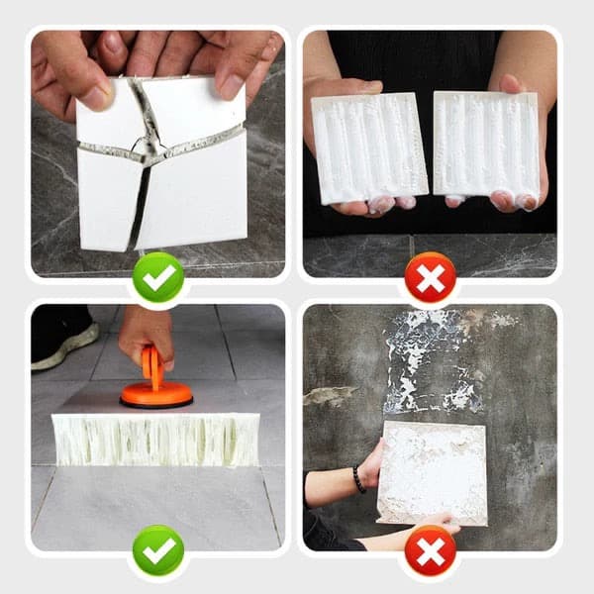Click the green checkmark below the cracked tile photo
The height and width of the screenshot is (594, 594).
pyautogui.click(x=158, y=278)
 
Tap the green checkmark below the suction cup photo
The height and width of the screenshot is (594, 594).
pyautogui.click(x=158, y=552)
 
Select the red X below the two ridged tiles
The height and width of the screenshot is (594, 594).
pyautogui.click(x=430, y=278)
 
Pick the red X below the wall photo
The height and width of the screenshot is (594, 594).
pyautogui.click(x=430, y=552)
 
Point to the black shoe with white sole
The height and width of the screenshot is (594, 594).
pyautogui.click(x=61, y=342)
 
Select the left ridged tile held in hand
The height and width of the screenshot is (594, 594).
pyautogui.click(x=368, y=148)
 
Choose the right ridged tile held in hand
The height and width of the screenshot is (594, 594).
pyautogui.click(x=485, y=144)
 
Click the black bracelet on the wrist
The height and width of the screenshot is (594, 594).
pyautogui.click(x=358, y=479)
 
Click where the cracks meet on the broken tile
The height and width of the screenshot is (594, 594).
pyautogui.click(x=148, y=151)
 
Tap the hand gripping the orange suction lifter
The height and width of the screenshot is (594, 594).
pyautogui.click(x=148, y=332)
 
